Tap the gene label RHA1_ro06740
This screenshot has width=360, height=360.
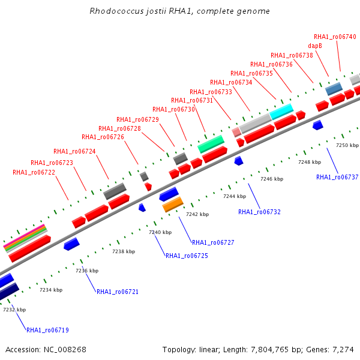coord(335,37)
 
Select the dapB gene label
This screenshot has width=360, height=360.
coord(315,46)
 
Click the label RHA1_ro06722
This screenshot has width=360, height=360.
coord(34,173)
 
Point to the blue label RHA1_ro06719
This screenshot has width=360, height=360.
coord(47,330)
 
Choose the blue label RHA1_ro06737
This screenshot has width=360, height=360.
coord(337,177)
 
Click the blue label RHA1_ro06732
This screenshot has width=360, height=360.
coord(259,212)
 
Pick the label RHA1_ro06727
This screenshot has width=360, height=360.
coord(213,242)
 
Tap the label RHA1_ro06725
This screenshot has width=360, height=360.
coord(187,256)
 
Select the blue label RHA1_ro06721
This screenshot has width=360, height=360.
coord(118,292)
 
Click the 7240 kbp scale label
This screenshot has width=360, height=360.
coord(160,232)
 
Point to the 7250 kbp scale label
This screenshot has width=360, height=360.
coord(347,145)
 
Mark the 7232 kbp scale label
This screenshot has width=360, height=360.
coord(14,310)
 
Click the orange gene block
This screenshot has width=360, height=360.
coord(173,205)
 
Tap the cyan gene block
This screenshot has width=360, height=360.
coord(281,111)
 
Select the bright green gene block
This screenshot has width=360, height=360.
coord(211,143)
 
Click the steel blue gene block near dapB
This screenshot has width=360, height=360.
coord(334,89)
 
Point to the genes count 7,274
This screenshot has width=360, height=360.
coord(343,349)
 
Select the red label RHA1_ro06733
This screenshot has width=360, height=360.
coord(211,92)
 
